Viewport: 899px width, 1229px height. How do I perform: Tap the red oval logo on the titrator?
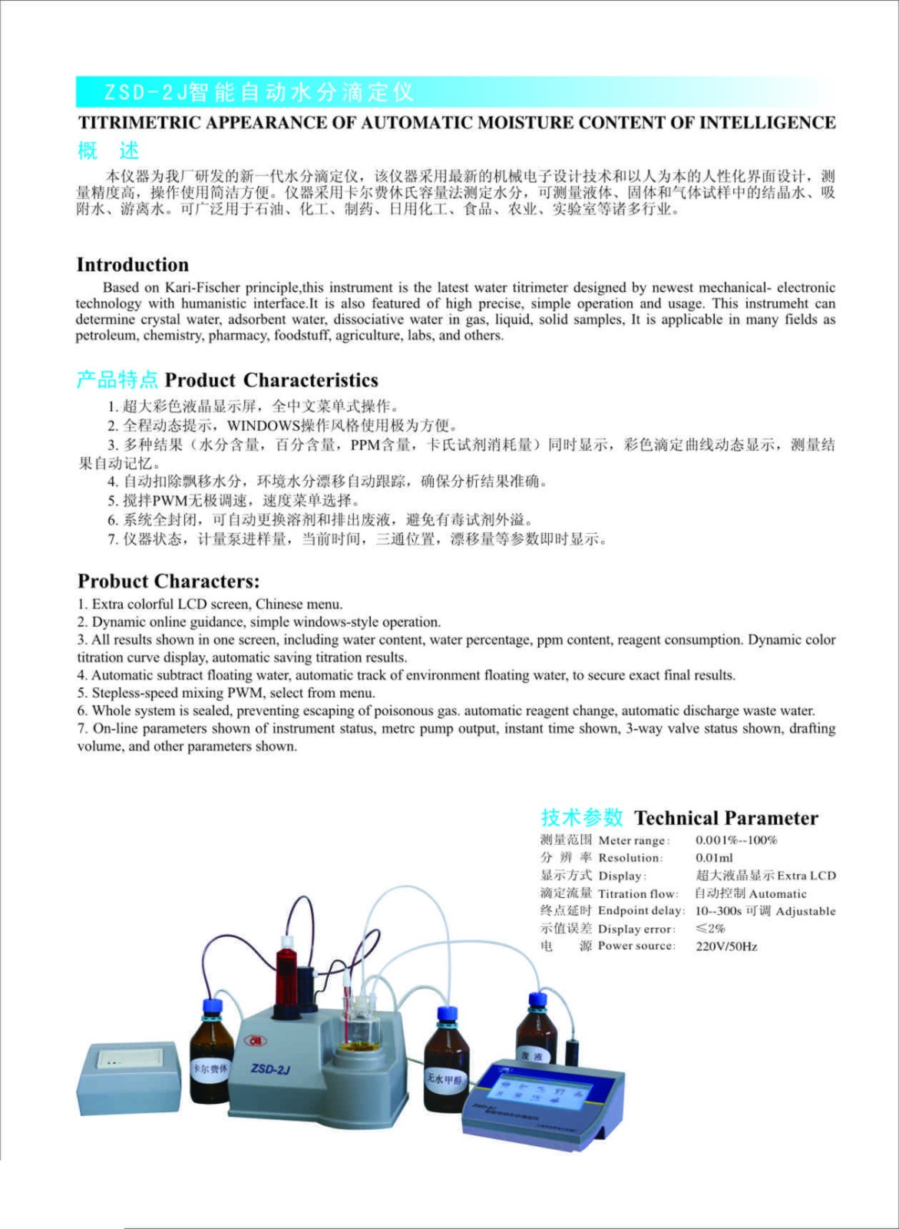(253, 1040)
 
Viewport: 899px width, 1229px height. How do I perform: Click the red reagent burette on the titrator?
(288, 969)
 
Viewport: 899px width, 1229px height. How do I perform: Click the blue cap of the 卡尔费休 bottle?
(212, 1007)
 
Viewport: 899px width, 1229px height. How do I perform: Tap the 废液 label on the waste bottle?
(532, 1057)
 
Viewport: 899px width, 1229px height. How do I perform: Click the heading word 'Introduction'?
(132, 265)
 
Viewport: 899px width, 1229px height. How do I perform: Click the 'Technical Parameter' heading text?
(725, 818)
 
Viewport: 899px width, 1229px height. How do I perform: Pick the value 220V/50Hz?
(725, 946)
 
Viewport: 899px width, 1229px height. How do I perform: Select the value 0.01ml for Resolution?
(714, 858)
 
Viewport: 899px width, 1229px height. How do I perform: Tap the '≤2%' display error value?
(710, 929)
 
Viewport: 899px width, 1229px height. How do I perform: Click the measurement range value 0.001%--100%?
(736, 840)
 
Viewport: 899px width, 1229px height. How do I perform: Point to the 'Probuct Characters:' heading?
(168, 581)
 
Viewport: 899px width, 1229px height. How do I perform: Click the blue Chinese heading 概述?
(107, 151)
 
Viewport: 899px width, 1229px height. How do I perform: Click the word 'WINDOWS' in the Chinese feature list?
(263, 426)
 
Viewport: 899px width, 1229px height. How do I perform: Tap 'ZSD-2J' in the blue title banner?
(146, 93)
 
